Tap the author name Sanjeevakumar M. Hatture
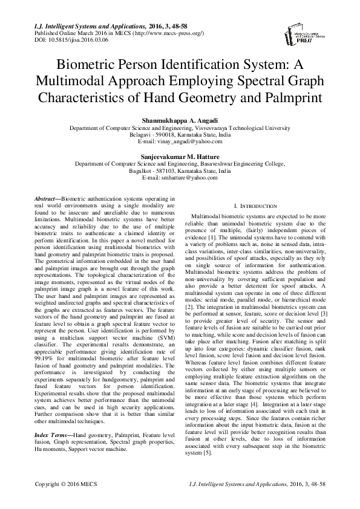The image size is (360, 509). tap(180, 155)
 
